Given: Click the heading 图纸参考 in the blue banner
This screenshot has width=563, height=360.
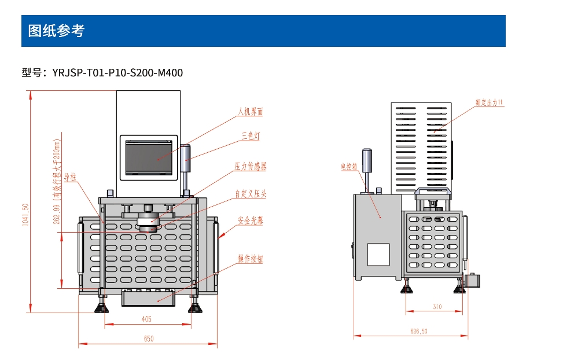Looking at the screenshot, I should pyautogui.click(x=56, y=31).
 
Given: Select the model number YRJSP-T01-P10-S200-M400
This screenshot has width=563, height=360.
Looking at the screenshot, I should pyautogui.click(x=117, y=73).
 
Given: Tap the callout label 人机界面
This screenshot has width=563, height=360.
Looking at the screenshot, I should pyautogui.click(x=250, y=112).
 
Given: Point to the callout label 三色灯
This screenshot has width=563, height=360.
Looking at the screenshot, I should pyautogui.click(x=251, y=137).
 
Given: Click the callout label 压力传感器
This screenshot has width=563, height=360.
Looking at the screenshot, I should pyautogui.click(x=250, y=167).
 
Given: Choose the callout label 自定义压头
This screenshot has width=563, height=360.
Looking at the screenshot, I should pyautogui.click(x=250, y=194).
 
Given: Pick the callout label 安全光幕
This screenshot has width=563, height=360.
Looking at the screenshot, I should pyautogui.click(x=250, y=221).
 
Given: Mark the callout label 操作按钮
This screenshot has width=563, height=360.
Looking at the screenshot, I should pyautogui.click(x=250, y=259).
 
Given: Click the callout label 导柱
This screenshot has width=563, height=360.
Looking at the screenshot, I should pyautogui.click(x=71, y=177).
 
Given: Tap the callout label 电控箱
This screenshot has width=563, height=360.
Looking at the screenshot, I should pyautogui.click(x=349, y=167).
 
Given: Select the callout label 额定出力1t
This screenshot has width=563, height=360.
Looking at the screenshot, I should pyautogui.click(x=490, y=102).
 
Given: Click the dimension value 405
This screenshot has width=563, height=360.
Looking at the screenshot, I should pyautogui.click(x=146, y=319).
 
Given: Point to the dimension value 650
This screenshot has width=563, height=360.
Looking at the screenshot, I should pyautogui.click(x=149, y=339).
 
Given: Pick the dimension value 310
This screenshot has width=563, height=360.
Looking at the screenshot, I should pyautogui.click(x=437, y=307).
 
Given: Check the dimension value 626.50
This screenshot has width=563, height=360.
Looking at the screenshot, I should pyautogui.click(x=419, y=331).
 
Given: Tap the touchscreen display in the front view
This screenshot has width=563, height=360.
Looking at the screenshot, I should pyautogui.click(x=149, y=156).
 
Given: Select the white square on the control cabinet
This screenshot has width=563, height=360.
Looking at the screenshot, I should pyautogui.click(x=378, y=255).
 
